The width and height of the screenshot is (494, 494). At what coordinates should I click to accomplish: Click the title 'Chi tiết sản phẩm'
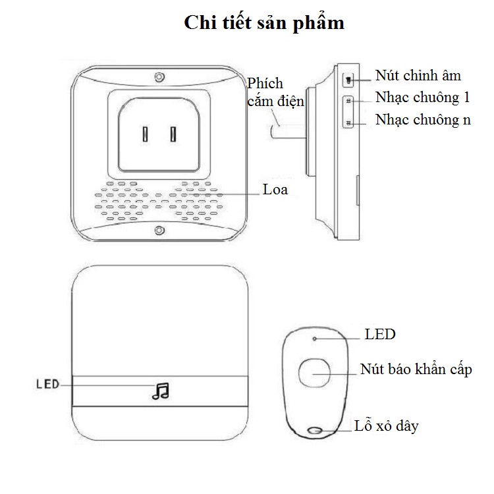pos(264,23)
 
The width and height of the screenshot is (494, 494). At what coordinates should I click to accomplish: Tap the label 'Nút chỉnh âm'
pos(418,76)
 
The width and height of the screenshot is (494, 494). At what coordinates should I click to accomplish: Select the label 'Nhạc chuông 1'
pos(422,97)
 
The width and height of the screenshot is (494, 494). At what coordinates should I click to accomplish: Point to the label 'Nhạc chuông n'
pos(423,120)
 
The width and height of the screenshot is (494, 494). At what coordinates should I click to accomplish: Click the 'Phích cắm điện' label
pos(276,93)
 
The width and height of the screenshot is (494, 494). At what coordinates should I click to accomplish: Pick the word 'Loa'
pos(275,190)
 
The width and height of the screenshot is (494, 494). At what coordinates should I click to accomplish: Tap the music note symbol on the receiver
pos(161,391)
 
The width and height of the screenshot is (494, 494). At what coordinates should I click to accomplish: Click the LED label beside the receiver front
pos(48,384)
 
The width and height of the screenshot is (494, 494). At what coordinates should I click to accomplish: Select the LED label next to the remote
pos(380,334)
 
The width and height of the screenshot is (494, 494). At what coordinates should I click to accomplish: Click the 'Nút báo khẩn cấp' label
pos(416,370)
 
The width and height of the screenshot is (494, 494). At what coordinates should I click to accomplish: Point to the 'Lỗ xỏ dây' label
pos(387,425)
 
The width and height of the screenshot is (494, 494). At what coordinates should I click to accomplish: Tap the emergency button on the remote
pos(314,373)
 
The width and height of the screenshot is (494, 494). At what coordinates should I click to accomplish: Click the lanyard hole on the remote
pos(314,430)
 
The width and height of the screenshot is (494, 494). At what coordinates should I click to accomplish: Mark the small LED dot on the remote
pos(314,339)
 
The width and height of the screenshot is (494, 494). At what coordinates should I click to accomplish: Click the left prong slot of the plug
pos(145,134)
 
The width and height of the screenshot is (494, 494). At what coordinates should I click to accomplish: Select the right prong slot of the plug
pos(173,134)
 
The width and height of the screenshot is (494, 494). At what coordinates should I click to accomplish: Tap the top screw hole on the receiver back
pos(160,77)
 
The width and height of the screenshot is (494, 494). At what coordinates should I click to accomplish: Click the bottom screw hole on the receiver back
pos(160,231)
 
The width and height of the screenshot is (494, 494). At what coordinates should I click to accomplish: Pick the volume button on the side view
pos(348,80)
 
